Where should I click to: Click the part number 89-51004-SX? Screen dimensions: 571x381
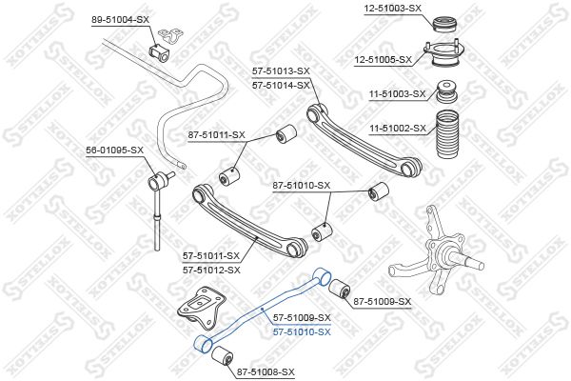(120, 20)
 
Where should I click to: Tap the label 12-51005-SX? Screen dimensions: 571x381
(384, 59)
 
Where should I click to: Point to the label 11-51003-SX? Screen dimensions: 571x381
(397, 94)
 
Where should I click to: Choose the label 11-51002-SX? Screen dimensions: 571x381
(397, 129)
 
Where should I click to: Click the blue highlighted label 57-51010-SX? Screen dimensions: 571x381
(302, 332)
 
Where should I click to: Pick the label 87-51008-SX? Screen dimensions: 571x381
(266, 372)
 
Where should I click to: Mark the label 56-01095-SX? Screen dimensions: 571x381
(115, 150)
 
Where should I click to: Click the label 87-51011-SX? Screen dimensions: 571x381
(217, 135)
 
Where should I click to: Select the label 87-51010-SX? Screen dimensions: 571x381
(302, 186)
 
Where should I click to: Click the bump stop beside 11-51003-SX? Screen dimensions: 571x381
(447, 91)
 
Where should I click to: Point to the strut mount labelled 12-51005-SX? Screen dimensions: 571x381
(444, 54)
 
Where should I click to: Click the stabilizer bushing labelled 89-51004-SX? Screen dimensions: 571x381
(160, 52)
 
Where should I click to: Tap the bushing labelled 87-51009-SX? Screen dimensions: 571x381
(340, 288)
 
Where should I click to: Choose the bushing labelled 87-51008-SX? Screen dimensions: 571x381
(222, 356)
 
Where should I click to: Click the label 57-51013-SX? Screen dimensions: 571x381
(281, 71)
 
